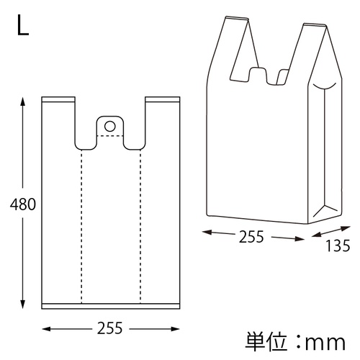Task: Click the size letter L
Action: (22, 27)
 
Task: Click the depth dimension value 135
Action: (337, 246)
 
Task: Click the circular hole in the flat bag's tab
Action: (109, 126)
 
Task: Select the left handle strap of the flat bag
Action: (59, 119)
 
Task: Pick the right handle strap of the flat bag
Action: (161, 119)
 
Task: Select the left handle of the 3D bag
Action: (235, 43)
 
